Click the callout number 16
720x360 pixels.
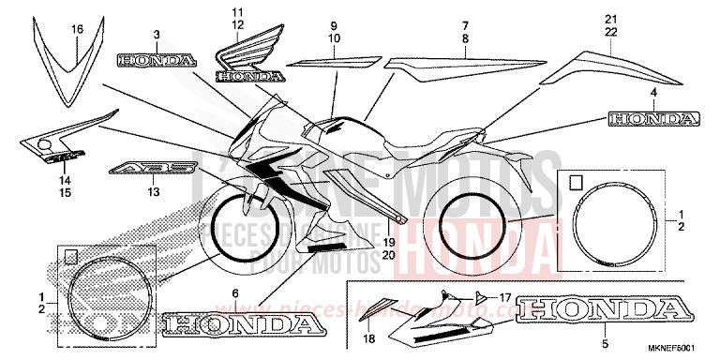[x=77, y=30]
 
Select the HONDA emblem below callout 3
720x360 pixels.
[x=157, y=60]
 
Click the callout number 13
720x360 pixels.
[x=153, y=189]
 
